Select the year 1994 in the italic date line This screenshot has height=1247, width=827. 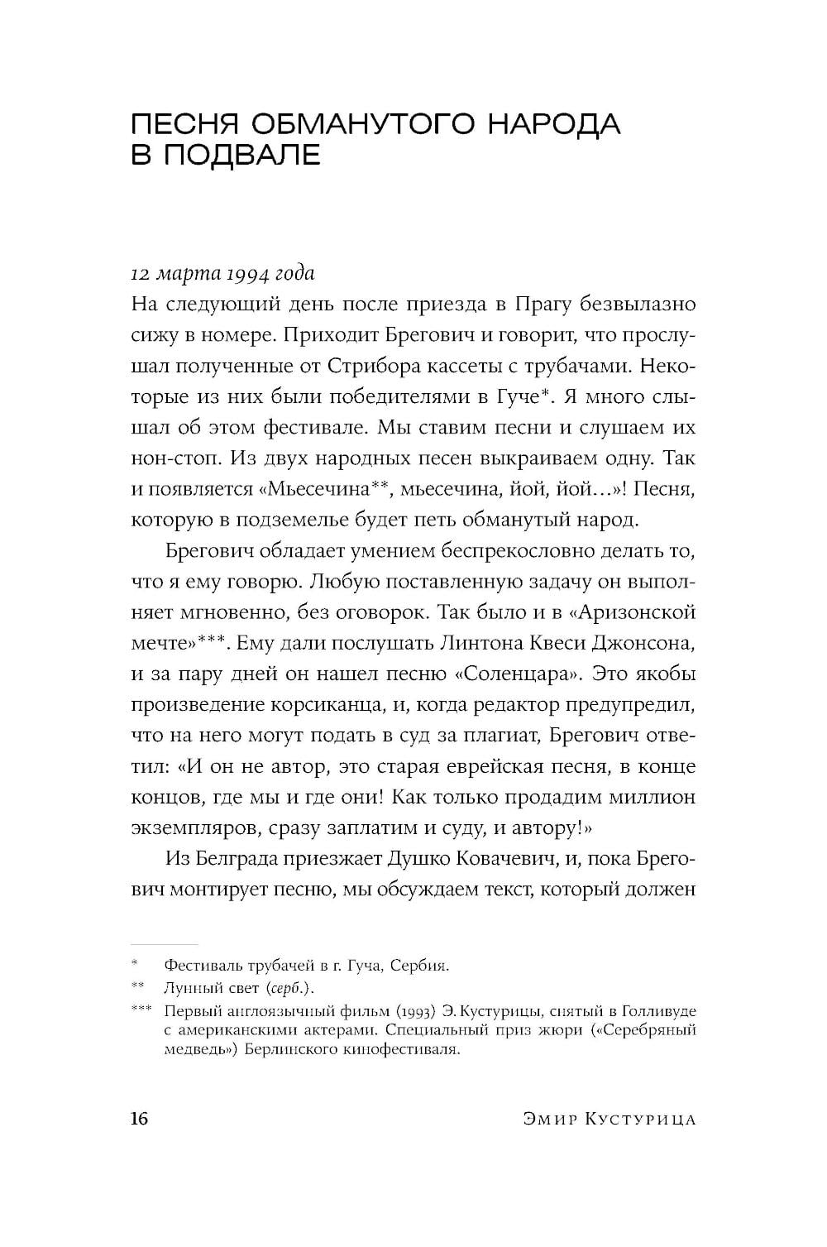pos(222,273)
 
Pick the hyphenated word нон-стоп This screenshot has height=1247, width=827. pos(171,458)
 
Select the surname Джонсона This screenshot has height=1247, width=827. pos(650,643)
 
